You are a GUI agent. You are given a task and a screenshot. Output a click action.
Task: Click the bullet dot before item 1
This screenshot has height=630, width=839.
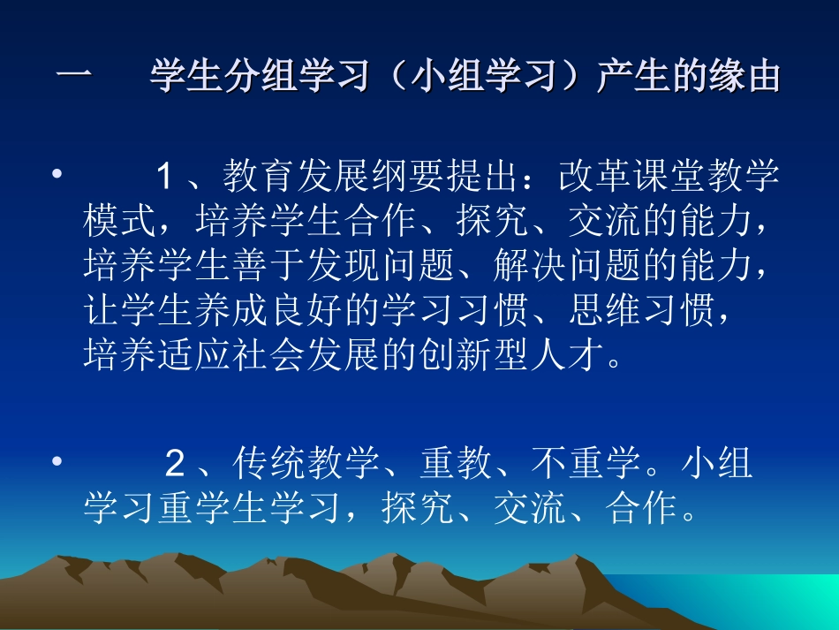tap(57, 177)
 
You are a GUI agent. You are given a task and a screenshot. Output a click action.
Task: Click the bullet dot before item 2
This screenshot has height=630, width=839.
tap(57, 462)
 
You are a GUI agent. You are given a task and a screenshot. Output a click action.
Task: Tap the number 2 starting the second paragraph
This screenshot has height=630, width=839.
tap(174, 463)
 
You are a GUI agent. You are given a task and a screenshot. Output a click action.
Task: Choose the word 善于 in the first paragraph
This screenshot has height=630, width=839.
tap(268, 263)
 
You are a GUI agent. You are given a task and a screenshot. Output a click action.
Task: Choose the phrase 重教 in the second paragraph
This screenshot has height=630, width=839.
tap(456, 463)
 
